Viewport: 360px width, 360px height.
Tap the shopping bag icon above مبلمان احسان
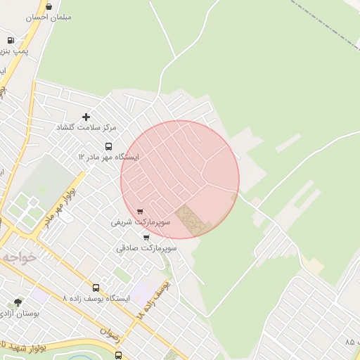pos(49,6)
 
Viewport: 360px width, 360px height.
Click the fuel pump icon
pos(11,41)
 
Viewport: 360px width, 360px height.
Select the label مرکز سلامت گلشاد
pos(86,127)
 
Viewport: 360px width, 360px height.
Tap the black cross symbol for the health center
pos(86,116)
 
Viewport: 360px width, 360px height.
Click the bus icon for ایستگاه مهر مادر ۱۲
pos(108,146)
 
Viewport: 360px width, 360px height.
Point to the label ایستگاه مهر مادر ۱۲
pos(108,157)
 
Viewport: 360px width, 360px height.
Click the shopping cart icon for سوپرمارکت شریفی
pos(141,211)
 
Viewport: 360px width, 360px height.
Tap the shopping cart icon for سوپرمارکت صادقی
pos(146,238)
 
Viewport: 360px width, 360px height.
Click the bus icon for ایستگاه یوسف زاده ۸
pos(96,288)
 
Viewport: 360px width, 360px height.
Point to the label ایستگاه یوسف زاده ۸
pos(96,298)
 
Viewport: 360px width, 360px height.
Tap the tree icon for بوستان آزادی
pos(18,302)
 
